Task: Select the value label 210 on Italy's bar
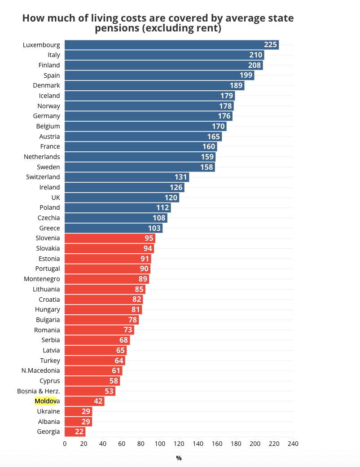[256, 55]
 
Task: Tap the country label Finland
[49, 65]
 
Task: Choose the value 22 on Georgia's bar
[79, 432]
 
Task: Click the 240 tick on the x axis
[293, 444]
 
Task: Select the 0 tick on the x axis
[65, 444]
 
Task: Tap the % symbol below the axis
[179, 458]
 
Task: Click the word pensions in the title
[115, 28]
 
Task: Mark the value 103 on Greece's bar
[154, 228]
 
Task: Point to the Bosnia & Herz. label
[39, 391]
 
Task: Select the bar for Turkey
[94, 360]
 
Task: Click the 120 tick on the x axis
[179, 444]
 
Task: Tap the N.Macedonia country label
[40, 370]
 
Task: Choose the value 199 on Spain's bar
[246, 75]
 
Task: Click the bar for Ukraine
[78, 411]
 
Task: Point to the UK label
[56, 197]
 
